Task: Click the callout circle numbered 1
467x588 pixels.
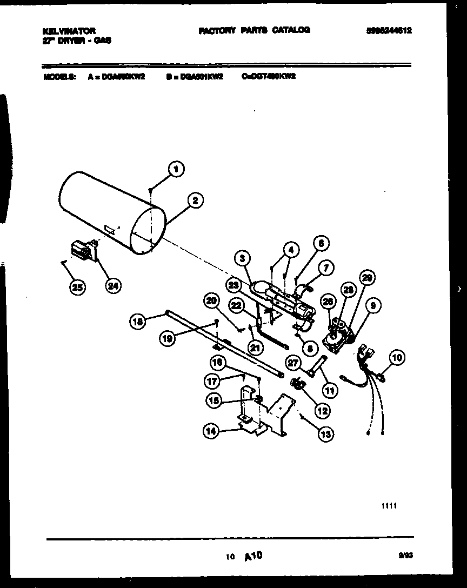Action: tap(175, 169)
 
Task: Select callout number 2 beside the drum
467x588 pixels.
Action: tap(195, 200)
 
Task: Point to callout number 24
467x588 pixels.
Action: tap(113, 286)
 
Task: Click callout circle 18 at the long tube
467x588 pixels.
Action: tap(138, 322)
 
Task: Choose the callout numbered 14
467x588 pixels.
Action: tap(211, 431)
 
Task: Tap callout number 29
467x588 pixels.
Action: tap(367, 278)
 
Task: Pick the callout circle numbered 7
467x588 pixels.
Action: tap(325, 266)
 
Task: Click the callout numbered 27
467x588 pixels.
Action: tap(293, 363)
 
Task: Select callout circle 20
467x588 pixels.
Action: tap(212, 301)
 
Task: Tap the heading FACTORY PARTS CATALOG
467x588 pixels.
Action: tap(254, 30)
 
